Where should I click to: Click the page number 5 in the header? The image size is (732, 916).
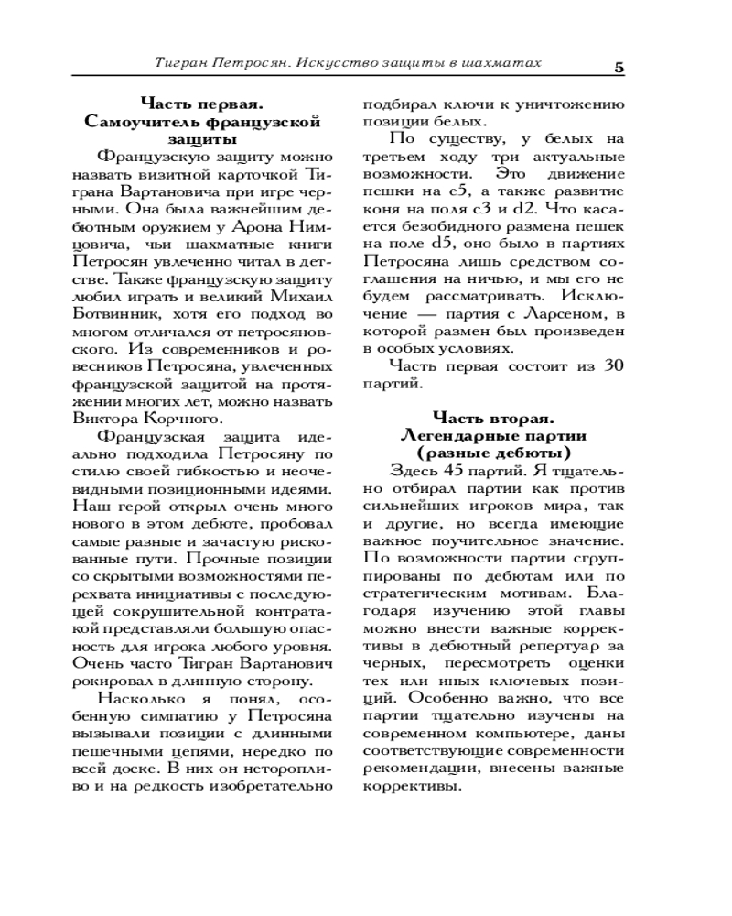coord(619,66)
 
